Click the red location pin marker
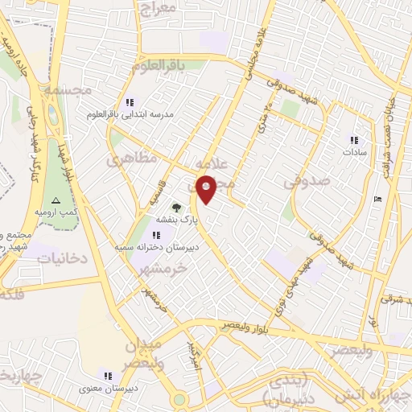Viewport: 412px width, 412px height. pyautogui.click(x=206, y=189)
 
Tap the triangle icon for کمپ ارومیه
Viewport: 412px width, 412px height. pyautogui.click(x=56, y=200)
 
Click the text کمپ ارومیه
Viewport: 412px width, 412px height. pyautogui.click(x=56, y=212)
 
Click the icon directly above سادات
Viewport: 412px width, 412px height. pyautogui.click(x=354, y=140)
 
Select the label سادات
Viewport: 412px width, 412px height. pyautogui.click(x=354, y=152)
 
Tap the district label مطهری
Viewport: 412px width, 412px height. pyautogui.click(x=121, y=159)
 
